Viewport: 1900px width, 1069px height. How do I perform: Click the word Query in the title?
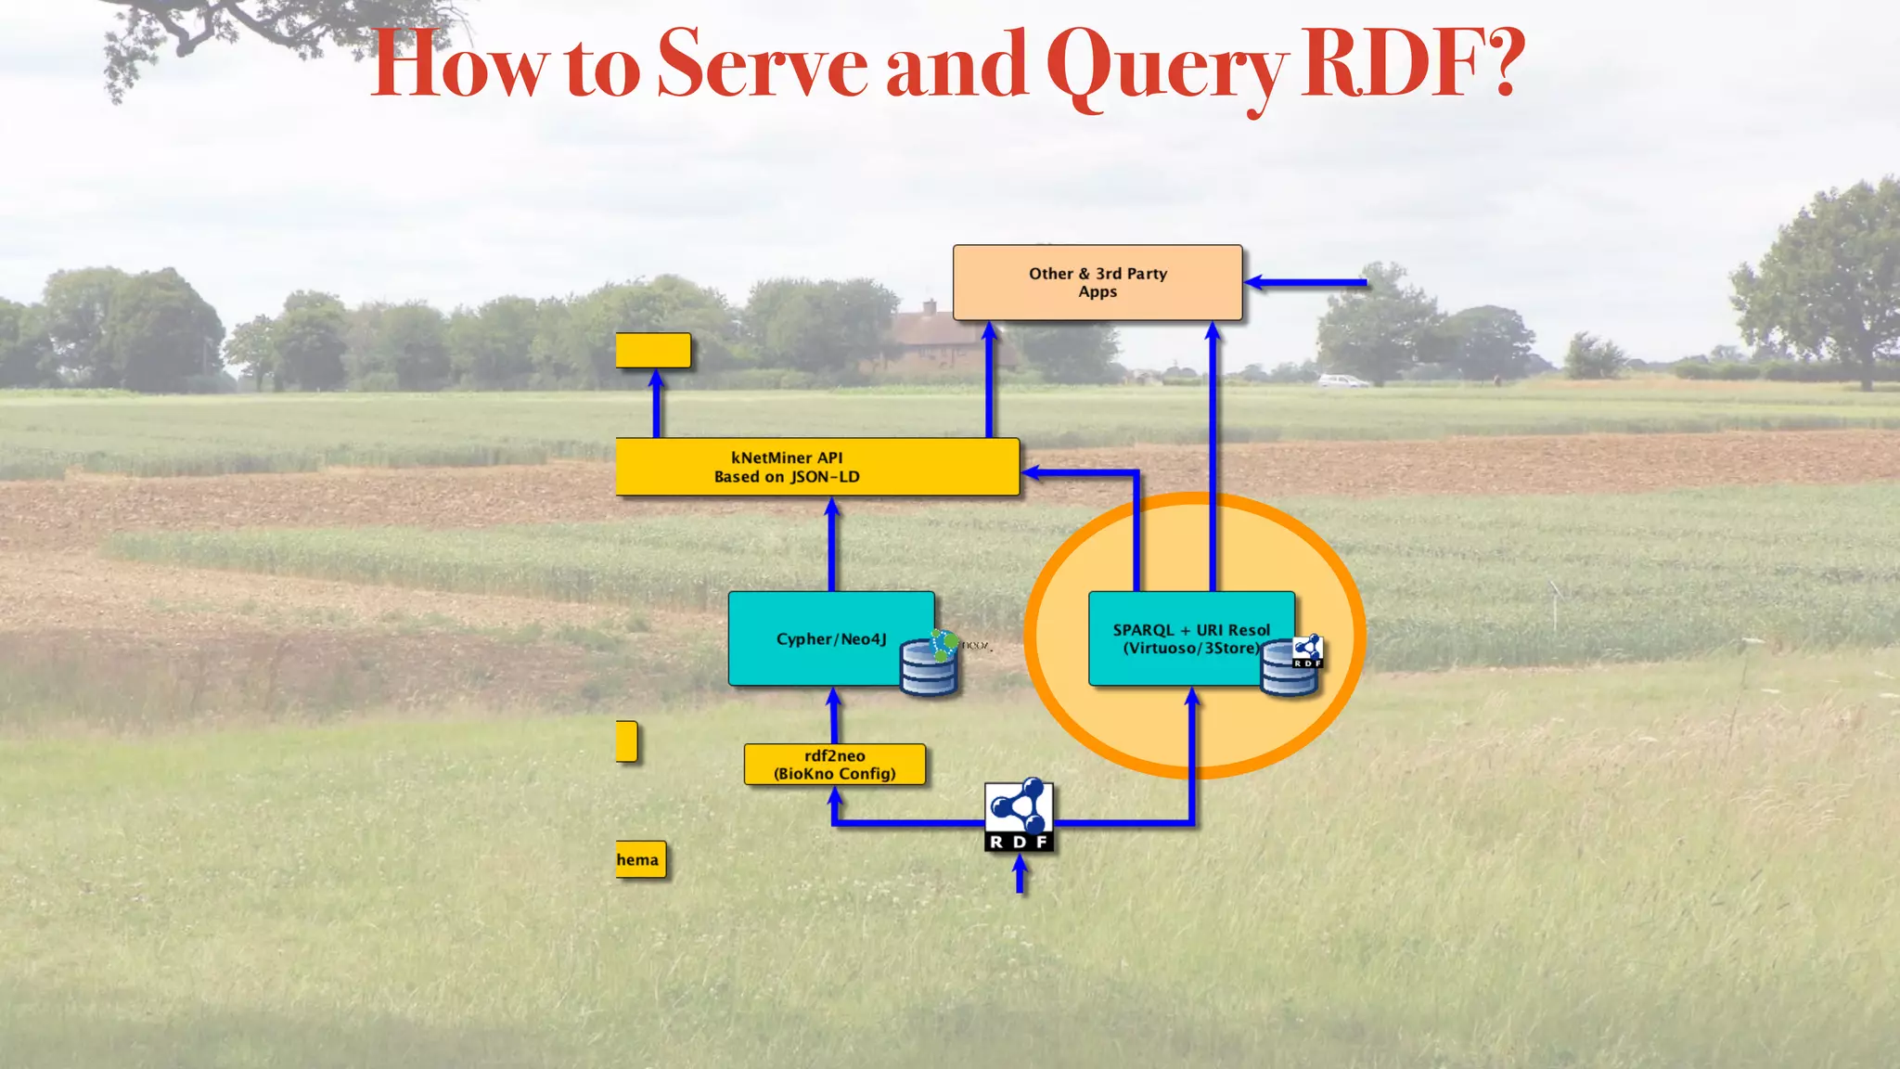1165,65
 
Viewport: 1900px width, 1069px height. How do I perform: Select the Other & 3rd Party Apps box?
1098,283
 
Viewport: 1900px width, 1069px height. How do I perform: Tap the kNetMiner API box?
816,467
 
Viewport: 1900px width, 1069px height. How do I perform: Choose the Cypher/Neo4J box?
816,638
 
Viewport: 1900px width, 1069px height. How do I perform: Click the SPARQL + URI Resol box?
1178,638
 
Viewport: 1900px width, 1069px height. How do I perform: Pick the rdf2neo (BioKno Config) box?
834,765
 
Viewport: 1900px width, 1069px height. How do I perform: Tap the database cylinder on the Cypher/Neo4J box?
929,668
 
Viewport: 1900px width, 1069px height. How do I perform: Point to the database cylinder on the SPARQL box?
1288,670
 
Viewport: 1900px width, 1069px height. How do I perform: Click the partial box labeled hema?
640,860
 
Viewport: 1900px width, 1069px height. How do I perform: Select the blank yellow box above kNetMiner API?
653,351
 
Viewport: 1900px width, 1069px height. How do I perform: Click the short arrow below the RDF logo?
1020,874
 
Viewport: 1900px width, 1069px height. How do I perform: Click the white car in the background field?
1342,380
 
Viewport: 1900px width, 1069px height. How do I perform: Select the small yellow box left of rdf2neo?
626,741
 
